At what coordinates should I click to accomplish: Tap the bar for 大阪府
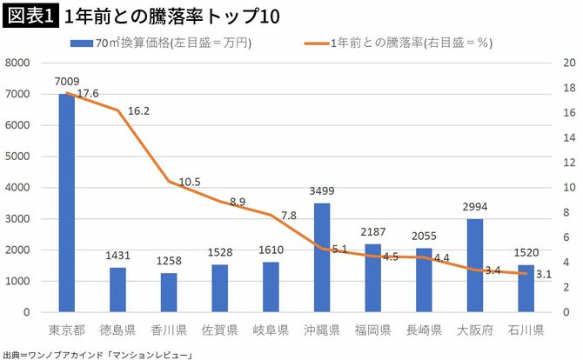coord(474,265)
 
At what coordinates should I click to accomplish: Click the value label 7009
coord(66,82)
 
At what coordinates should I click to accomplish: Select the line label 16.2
coord(138,111)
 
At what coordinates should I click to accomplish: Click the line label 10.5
coord(189,182)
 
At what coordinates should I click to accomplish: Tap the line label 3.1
coord(543,275)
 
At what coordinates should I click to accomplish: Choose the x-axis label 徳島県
coord(117,330)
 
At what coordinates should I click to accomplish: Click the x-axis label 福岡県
coord(372,330)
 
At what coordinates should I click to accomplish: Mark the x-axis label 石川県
coord(526,330)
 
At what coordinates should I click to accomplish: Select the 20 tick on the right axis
coord(569,63)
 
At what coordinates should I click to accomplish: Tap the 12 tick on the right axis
coord(569,163)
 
